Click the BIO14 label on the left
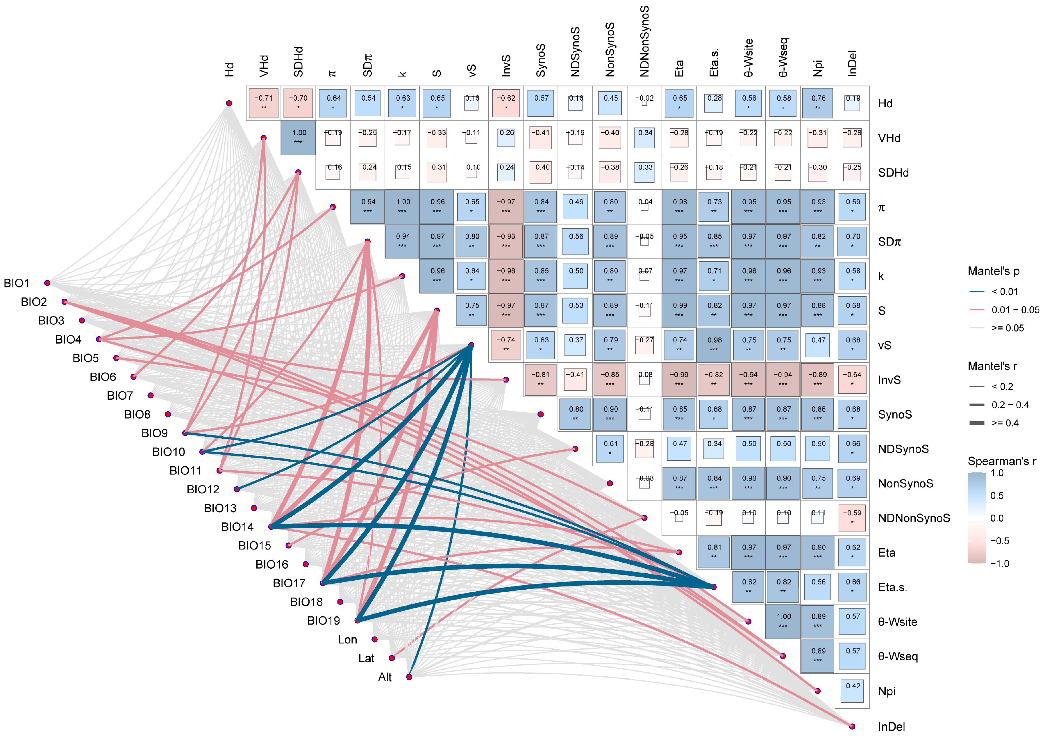tap(237, 527)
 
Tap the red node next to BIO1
tap(47, 283)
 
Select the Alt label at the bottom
tap(385, 677)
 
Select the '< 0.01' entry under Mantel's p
tap(1005, 291)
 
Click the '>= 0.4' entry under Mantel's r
tap(1005, 423)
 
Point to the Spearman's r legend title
tap(1001, 461)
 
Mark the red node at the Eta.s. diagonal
tap(714, 587)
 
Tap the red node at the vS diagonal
tap(471, 345)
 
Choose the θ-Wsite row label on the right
tap(897, 622)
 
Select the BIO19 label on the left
tap(323, 621)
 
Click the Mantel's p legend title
tap(993, 271)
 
